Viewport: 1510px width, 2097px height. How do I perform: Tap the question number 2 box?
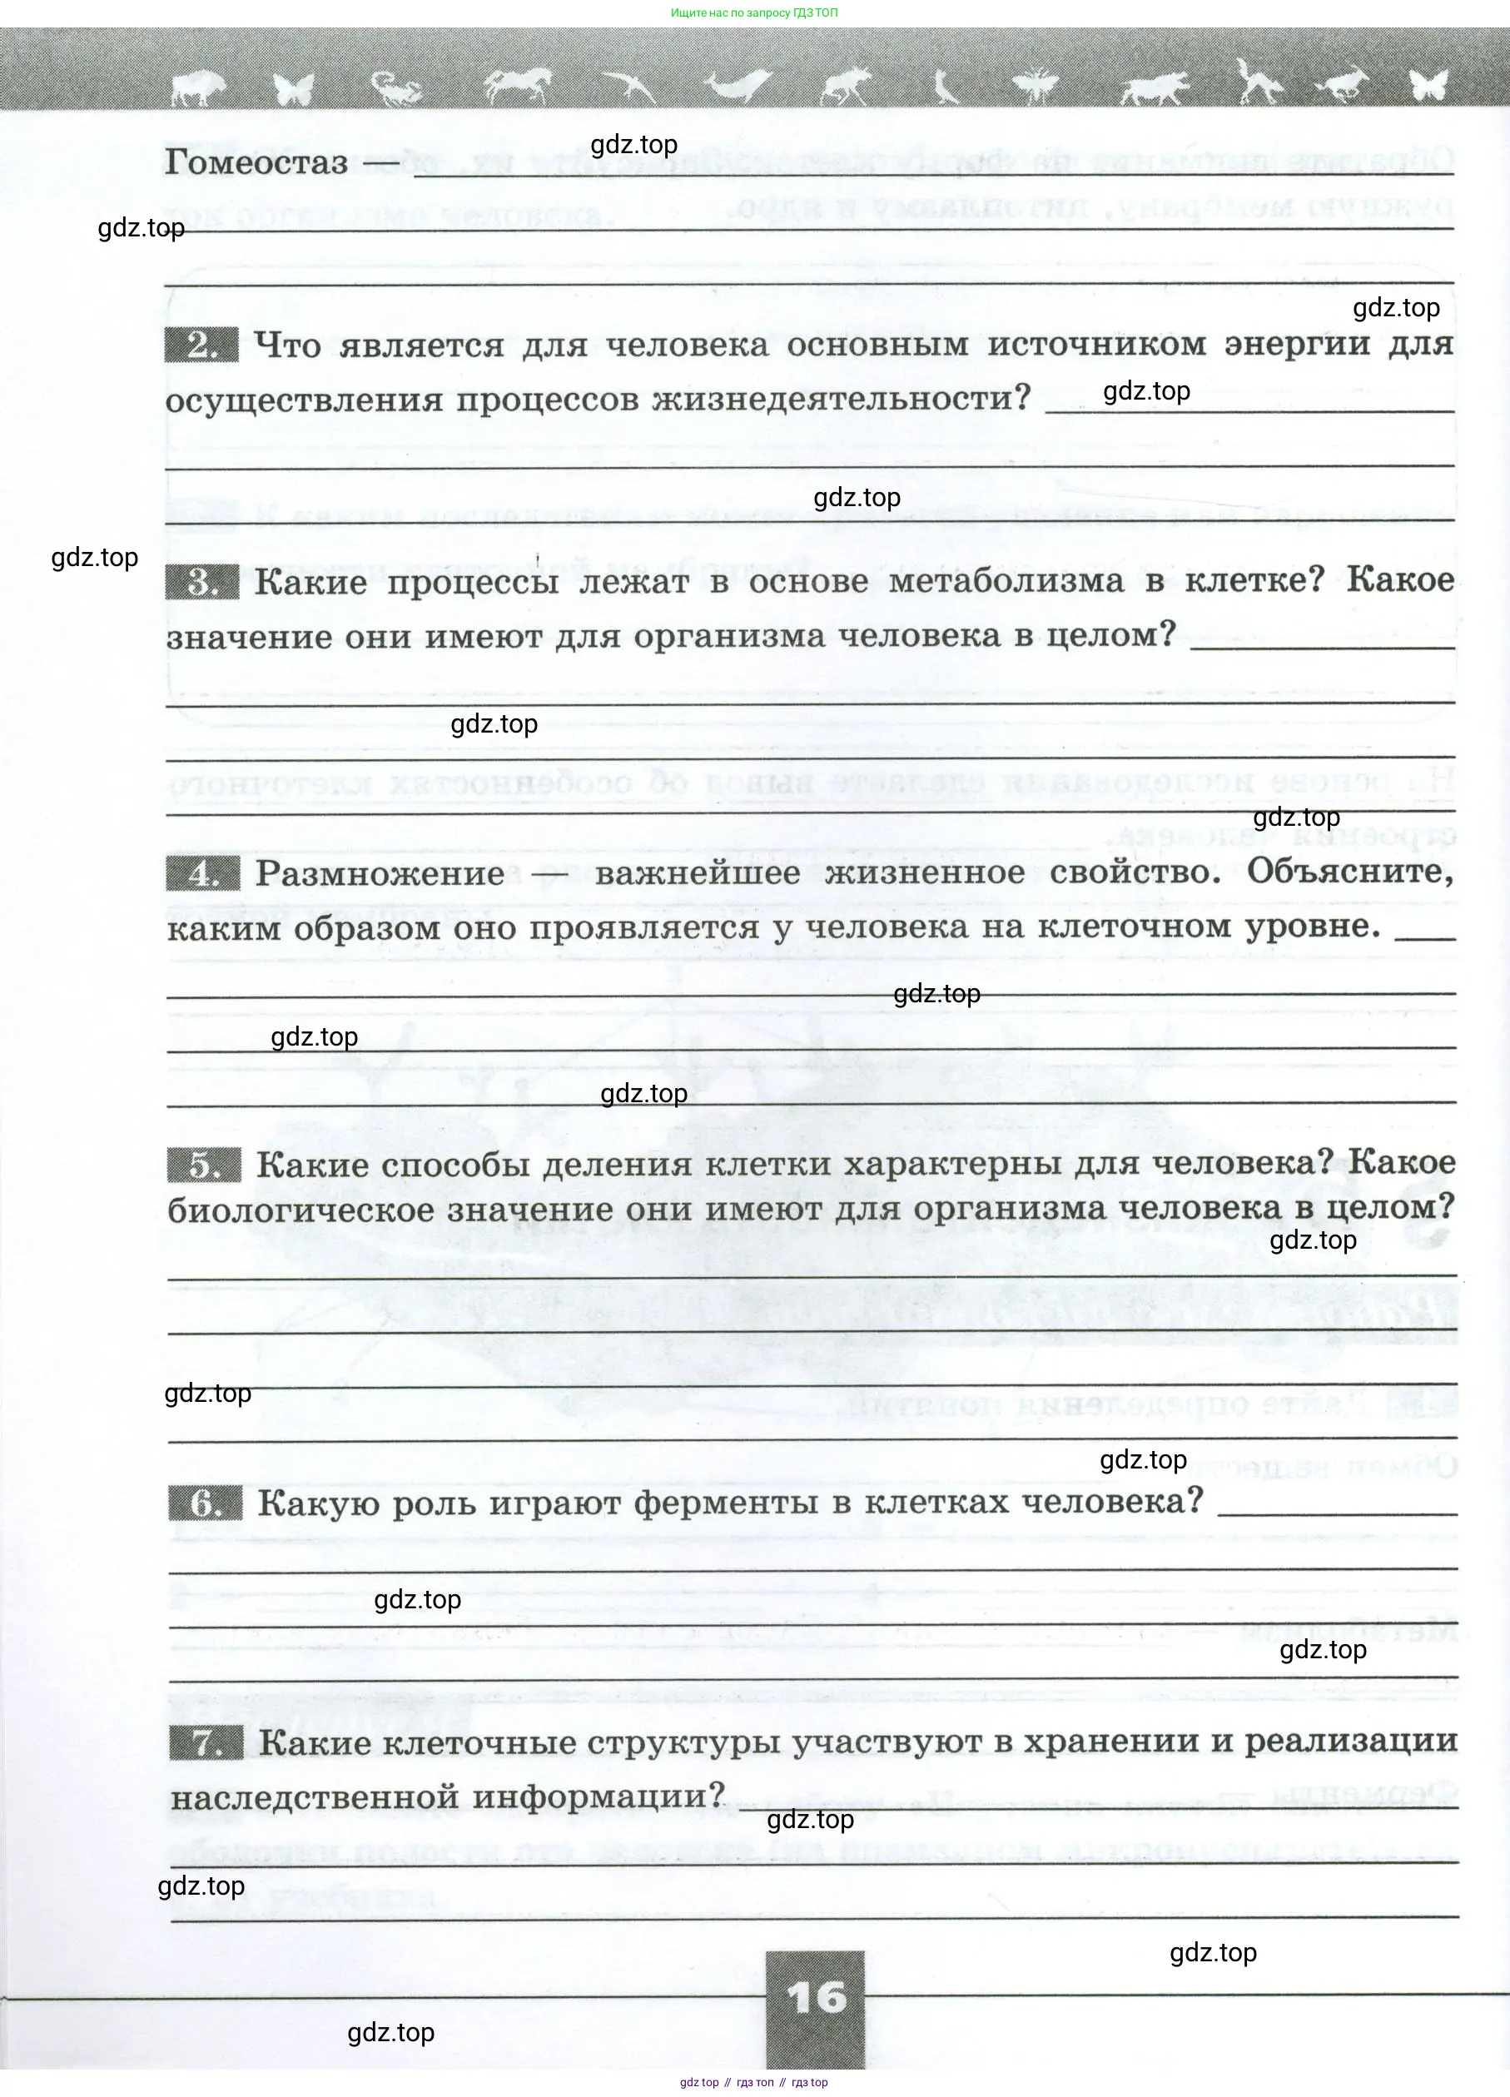(201, 345)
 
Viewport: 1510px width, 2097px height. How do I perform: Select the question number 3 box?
(201, 583)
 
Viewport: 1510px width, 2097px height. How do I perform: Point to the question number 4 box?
(202, 874)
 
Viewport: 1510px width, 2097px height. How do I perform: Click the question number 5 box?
(203, 1165)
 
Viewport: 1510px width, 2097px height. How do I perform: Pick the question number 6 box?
(206, 1503)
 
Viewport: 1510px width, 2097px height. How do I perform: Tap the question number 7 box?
(206, 1744)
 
